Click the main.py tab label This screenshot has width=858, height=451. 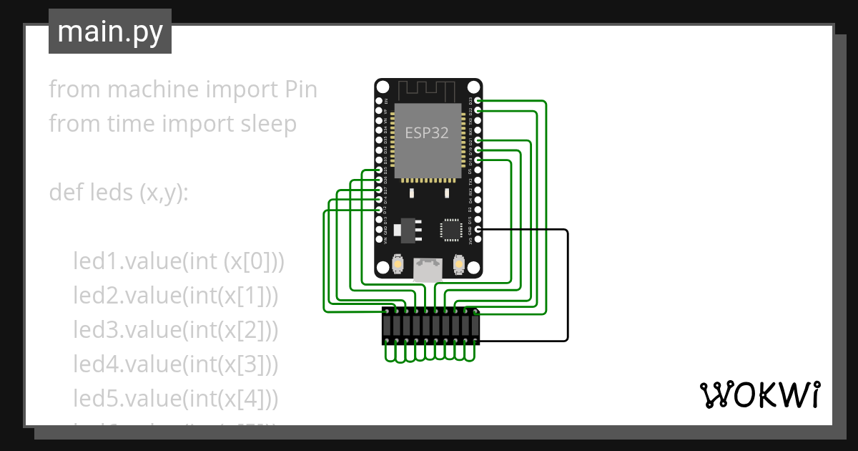point(109,31)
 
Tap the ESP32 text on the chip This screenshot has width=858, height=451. point(427,133)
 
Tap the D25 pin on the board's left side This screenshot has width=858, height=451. point(378,170)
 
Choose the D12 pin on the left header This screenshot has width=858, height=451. point(378,210)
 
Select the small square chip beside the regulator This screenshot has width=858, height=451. point(450,229)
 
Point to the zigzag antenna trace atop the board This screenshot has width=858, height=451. point(426,91)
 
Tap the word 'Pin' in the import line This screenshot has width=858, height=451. point(297,89)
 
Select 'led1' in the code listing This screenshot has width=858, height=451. point(96,261)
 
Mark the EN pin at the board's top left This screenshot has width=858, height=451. point(378,101)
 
